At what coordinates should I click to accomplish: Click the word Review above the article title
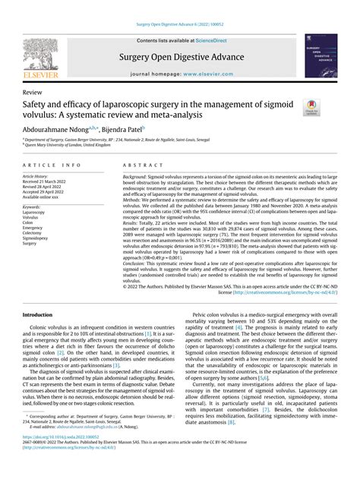click(34, 90)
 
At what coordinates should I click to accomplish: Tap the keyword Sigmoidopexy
click(39, 237)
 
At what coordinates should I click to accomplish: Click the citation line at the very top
click(179, 25)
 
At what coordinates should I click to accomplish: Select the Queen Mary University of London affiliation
click(72, 146)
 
